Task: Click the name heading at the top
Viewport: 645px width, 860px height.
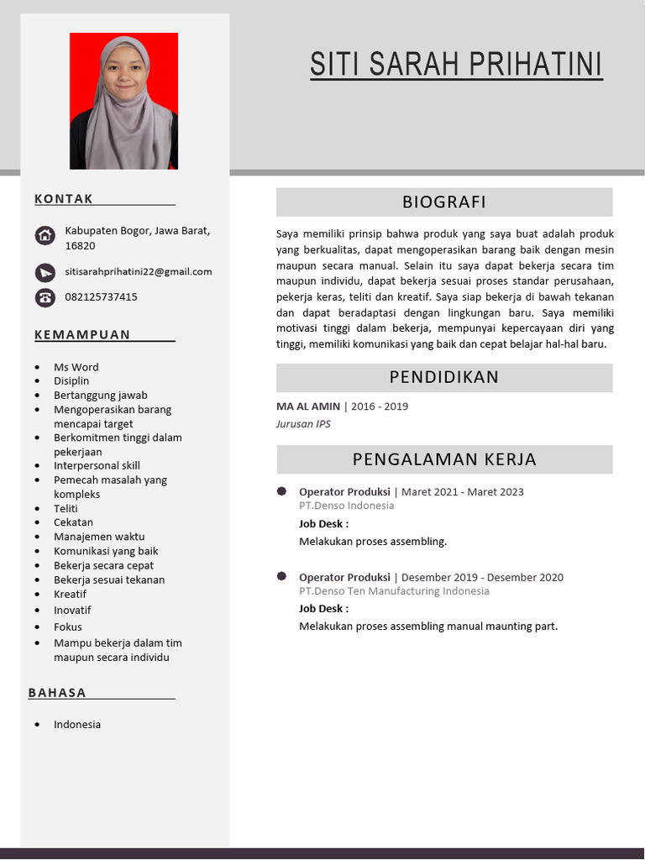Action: click(x=456, y=65)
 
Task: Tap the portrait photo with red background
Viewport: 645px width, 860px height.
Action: click(x=123, y=101)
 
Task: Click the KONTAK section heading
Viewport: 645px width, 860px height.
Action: click(x=64, y=199)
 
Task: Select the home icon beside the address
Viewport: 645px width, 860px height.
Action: click(x=45, y=236)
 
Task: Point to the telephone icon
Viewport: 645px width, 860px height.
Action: click(x=45, y=297)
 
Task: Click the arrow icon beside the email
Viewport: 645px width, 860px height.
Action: click(x=45, y=272)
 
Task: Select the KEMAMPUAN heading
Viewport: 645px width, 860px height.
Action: click(x=82, y=334)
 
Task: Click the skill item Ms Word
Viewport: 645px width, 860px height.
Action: click(x=76, y=367)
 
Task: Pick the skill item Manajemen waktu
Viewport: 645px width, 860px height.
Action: click(x=99, y=536)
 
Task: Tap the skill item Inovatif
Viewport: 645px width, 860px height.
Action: click(x=72, y=610)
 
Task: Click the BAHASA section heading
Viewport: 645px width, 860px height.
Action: click(x=57, y=693)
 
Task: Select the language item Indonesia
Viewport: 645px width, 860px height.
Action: click(x=77, y=724)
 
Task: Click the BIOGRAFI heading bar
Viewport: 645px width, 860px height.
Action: click(x=444, y=202)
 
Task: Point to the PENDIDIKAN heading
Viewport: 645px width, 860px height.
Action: click(x=444, y=377)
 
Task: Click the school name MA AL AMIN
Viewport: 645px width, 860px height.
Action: click(x=308, y=406)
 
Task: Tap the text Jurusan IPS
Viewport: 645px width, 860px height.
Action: click(x=303, y=424)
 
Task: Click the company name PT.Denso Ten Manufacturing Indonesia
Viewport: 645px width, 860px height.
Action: click(x=394, y=591)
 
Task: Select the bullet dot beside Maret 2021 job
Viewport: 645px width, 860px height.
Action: click(x=281, y=490)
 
